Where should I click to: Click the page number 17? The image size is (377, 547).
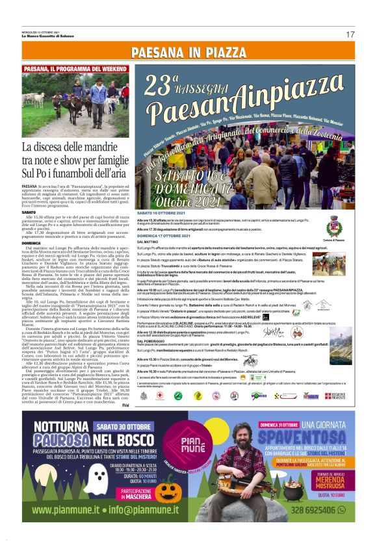[350, 34]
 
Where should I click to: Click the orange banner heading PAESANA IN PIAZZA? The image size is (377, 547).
[188, 52]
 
